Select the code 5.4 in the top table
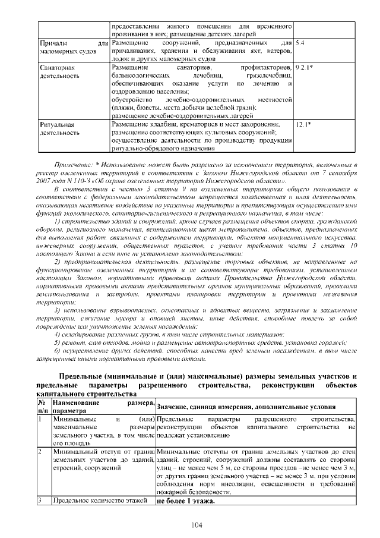pos(300,44)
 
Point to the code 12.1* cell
pos(303,124)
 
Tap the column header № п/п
pos(43,407)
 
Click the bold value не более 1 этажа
pos(185,501)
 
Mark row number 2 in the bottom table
pos(40,452)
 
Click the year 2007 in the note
pos(45,180)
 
